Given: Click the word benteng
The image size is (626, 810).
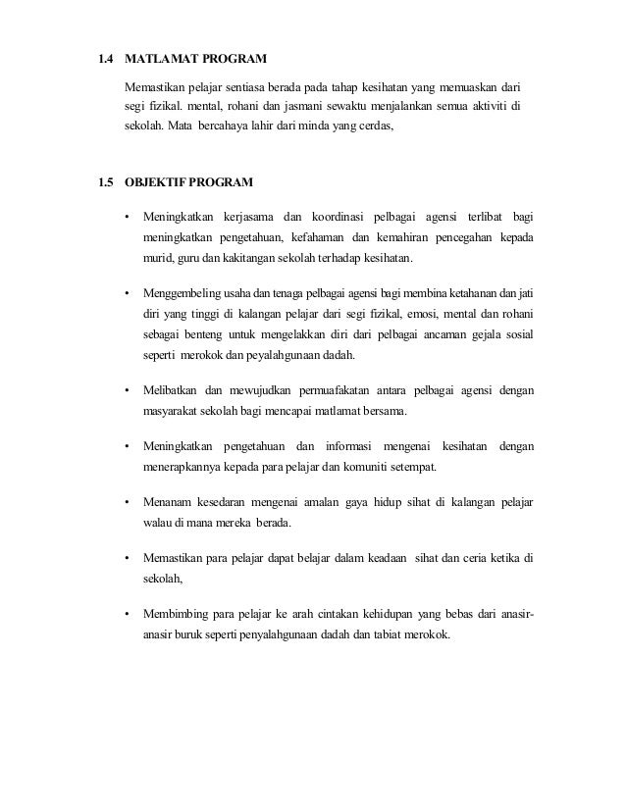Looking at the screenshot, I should (x=209, y=335).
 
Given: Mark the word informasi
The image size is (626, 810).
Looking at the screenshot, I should (x=346, y=446).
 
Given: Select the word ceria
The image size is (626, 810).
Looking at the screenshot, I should (x=471, y=558).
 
